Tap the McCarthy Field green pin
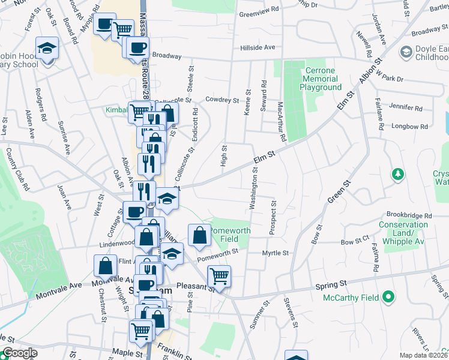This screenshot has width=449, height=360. coord(388,296)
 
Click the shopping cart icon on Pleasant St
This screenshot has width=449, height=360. coord(219,277)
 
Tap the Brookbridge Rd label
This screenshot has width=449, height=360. coord(409,215)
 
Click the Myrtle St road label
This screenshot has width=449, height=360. coord(276,253)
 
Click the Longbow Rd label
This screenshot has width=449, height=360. coord(409,127)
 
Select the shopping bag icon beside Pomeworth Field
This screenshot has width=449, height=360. coord(199,235)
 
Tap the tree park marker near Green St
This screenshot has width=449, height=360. coord(397,174)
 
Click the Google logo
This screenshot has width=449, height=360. coord(20,353)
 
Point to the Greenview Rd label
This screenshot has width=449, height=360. coord(259,10)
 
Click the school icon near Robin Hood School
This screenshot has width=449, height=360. coord(46,47)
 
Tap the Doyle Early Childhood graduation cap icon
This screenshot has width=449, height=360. coord(406,53)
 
